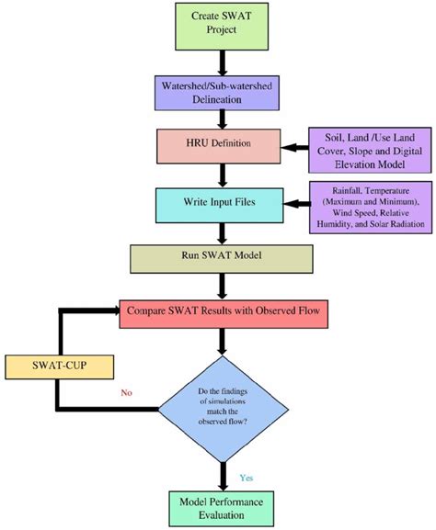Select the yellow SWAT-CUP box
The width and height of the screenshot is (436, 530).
pos(58,366)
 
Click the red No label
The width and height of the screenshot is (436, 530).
pos(128,392)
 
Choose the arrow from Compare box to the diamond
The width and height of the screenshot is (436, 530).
pos(221,344)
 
